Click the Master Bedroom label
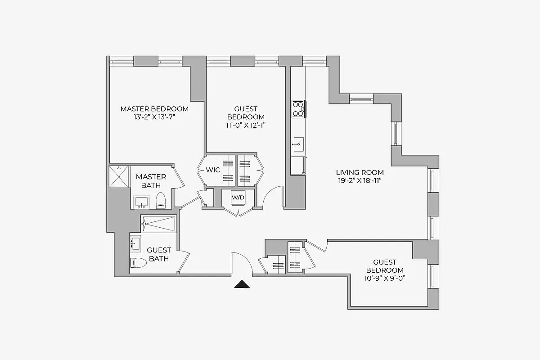(154, 109)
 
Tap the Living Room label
(360, 172)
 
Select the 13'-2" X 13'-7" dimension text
(154, 117)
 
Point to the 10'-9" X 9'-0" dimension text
(385, 278)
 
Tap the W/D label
(238, 197)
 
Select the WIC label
(213, 170)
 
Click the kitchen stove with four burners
(298, 108)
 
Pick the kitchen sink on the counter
(298, 146)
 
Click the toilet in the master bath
(161, 201)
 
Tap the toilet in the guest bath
(138, 263)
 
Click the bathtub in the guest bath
(158, 224)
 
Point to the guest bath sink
(135, 244)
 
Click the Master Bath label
(151, 181)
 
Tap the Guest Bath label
(159, 254)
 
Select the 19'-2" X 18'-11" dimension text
(360, 180)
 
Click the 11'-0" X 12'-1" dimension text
(246, 126)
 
